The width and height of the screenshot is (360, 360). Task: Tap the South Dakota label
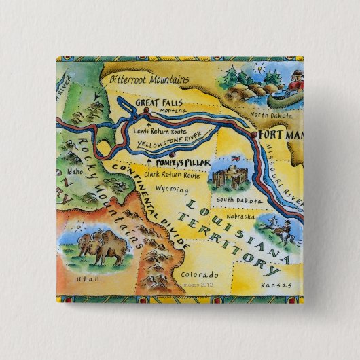235,200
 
